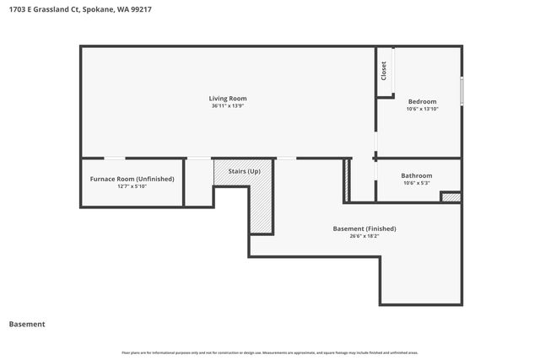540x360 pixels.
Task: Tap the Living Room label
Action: click(228, 99)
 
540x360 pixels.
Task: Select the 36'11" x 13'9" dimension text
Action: click(228, 106)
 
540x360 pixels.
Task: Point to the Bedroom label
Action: click(422, 101)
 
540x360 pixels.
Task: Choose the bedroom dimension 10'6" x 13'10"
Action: click(422, 109)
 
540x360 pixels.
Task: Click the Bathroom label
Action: click(418, 175)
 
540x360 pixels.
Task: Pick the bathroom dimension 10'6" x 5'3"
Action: click(418, 183)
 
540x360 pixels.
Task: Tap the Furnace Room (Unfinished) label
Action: click(132, 179)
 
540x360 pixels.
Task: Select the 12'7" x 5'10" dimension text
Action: click(132, 186)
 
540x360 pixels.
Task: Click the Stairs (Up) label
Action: click(244, 172)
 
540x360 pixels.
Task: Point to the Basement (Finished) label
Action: click(364, 228)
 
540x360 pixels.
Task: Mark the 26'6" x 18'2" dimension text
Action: click(364, 236)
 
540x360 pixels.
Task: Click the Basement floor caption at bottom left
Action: click(27, 324)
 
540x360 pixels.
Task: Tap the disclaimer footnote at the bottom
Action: click(270, 352)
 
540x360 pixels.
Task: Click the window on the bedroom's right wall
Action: click(462, 90)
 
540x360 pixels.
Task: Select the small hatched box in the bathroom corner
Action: click(451, 197)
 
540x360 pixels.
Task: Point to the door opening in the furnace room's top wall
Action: click(115, 158)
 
